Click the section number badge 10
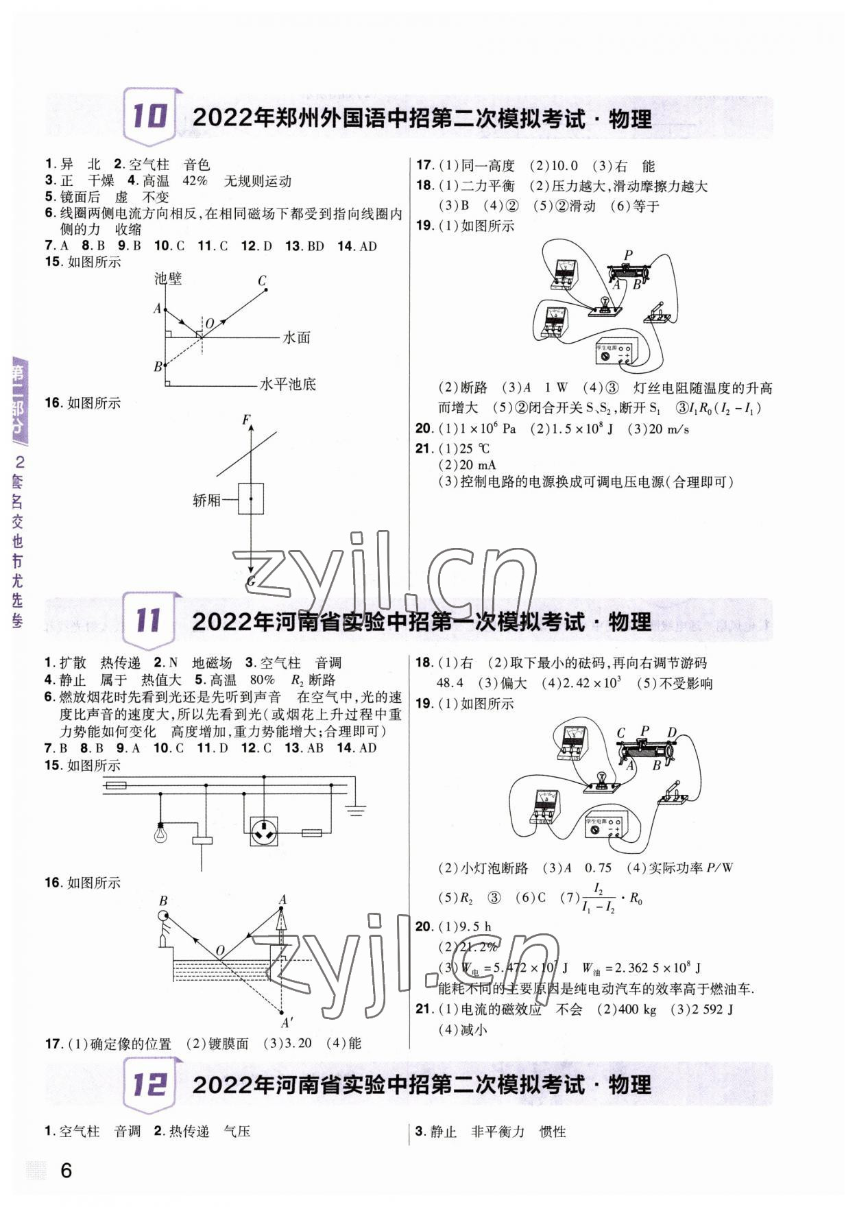(149, 116)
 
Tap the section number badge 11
(149, 620)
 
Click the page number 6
(66, 1170)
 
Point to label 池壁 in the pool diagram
(168, 278)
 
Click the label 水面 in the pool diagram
(297, 337)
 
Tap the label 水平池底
(288, 384)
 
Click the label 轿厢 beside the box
(207, 500)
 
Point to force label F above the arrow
(246, 420)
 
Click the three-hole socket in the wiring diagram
(263, 831)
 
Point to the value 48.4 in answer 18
(450, 683)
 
